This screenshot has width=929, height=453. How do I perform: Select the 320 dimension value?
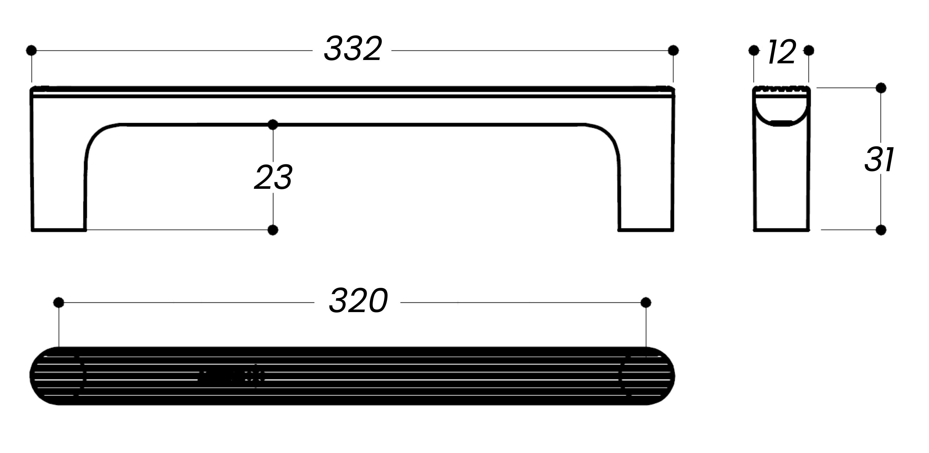pos(358,301)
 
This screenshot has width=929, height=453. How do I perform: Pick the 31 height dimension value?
pos(879,159)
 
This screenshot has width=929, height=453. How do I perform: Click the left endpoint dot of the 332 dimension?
pos(31,50)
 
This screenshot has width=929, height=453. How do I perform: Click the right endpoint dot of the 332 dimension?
pos(673,50)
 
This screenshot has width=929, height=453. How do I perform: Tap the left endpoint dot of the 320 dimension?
pos(58,303)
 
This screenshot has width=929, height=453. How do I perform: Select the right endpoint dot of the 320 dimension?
pos(646,303)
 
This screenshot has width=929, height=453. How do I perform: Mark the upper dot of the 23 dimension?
pos(273,125)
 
